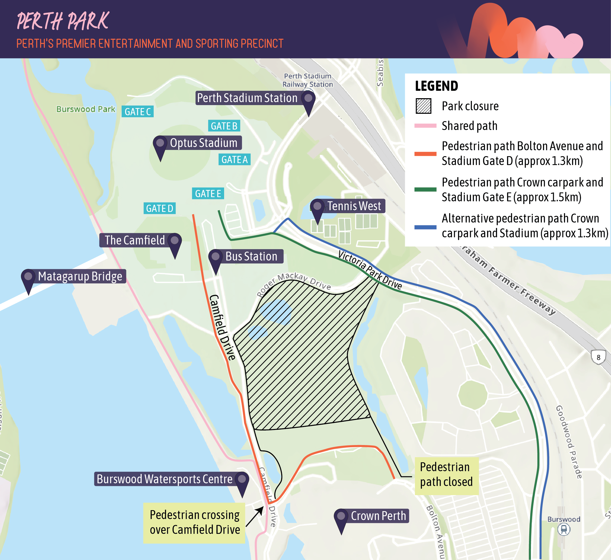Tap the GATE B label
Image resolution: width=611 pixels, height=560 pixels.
coord(224,126)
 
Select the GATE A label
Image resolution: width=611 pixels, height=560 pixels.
coord(234,159)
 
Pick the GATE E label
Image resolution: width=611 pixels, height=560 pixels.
coord(208,193)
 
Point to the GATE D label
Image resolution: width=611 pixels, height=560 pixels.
coord(159,208)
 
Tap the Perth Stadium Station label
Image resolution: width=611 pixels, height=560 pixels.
coord(247,98)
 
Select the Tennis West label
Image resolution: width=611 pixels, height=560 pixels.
coord(354,206)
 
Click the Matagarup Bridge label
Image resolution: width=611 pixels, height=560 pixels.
coord(80,276)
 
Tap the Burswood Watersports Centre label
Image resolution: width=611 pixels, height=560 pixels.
coord(164,479)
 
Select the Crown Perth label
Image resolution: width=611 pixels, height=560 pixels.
coord(378,516)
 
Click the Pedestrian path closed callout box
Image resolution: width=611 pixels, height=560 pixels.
coord(446,474)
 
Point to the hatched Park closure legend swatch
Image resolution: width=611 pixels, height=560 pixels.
coord(423,106)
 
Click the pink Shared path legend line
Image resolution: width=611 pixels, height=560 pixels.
coord(425,126)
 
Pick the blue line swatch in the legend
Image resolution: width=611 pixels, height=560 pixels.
coord(425,227)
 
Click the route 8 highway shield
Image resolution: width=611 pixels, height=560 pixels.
coord(598,357)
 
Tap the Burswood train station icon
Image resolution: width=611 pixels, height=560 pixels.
coord(564,529)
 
